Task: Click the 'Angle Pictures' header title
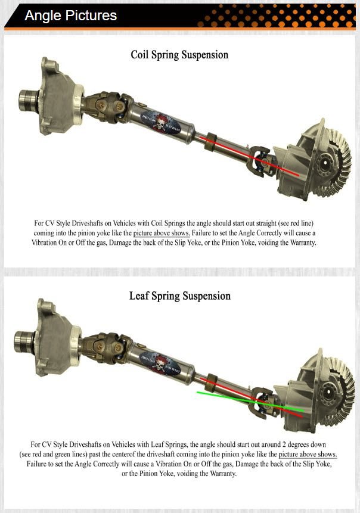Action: (x=70, y=15)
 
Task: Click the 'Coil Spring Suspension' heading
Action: (x=179, y=55)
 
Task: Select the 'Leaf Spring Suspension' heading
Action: (x=179, y=296)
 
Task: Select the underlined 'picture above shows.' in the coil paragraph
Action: (x=161, y=233)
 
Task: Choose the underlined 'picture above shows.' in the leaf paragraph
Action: (x=308, y=455)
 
